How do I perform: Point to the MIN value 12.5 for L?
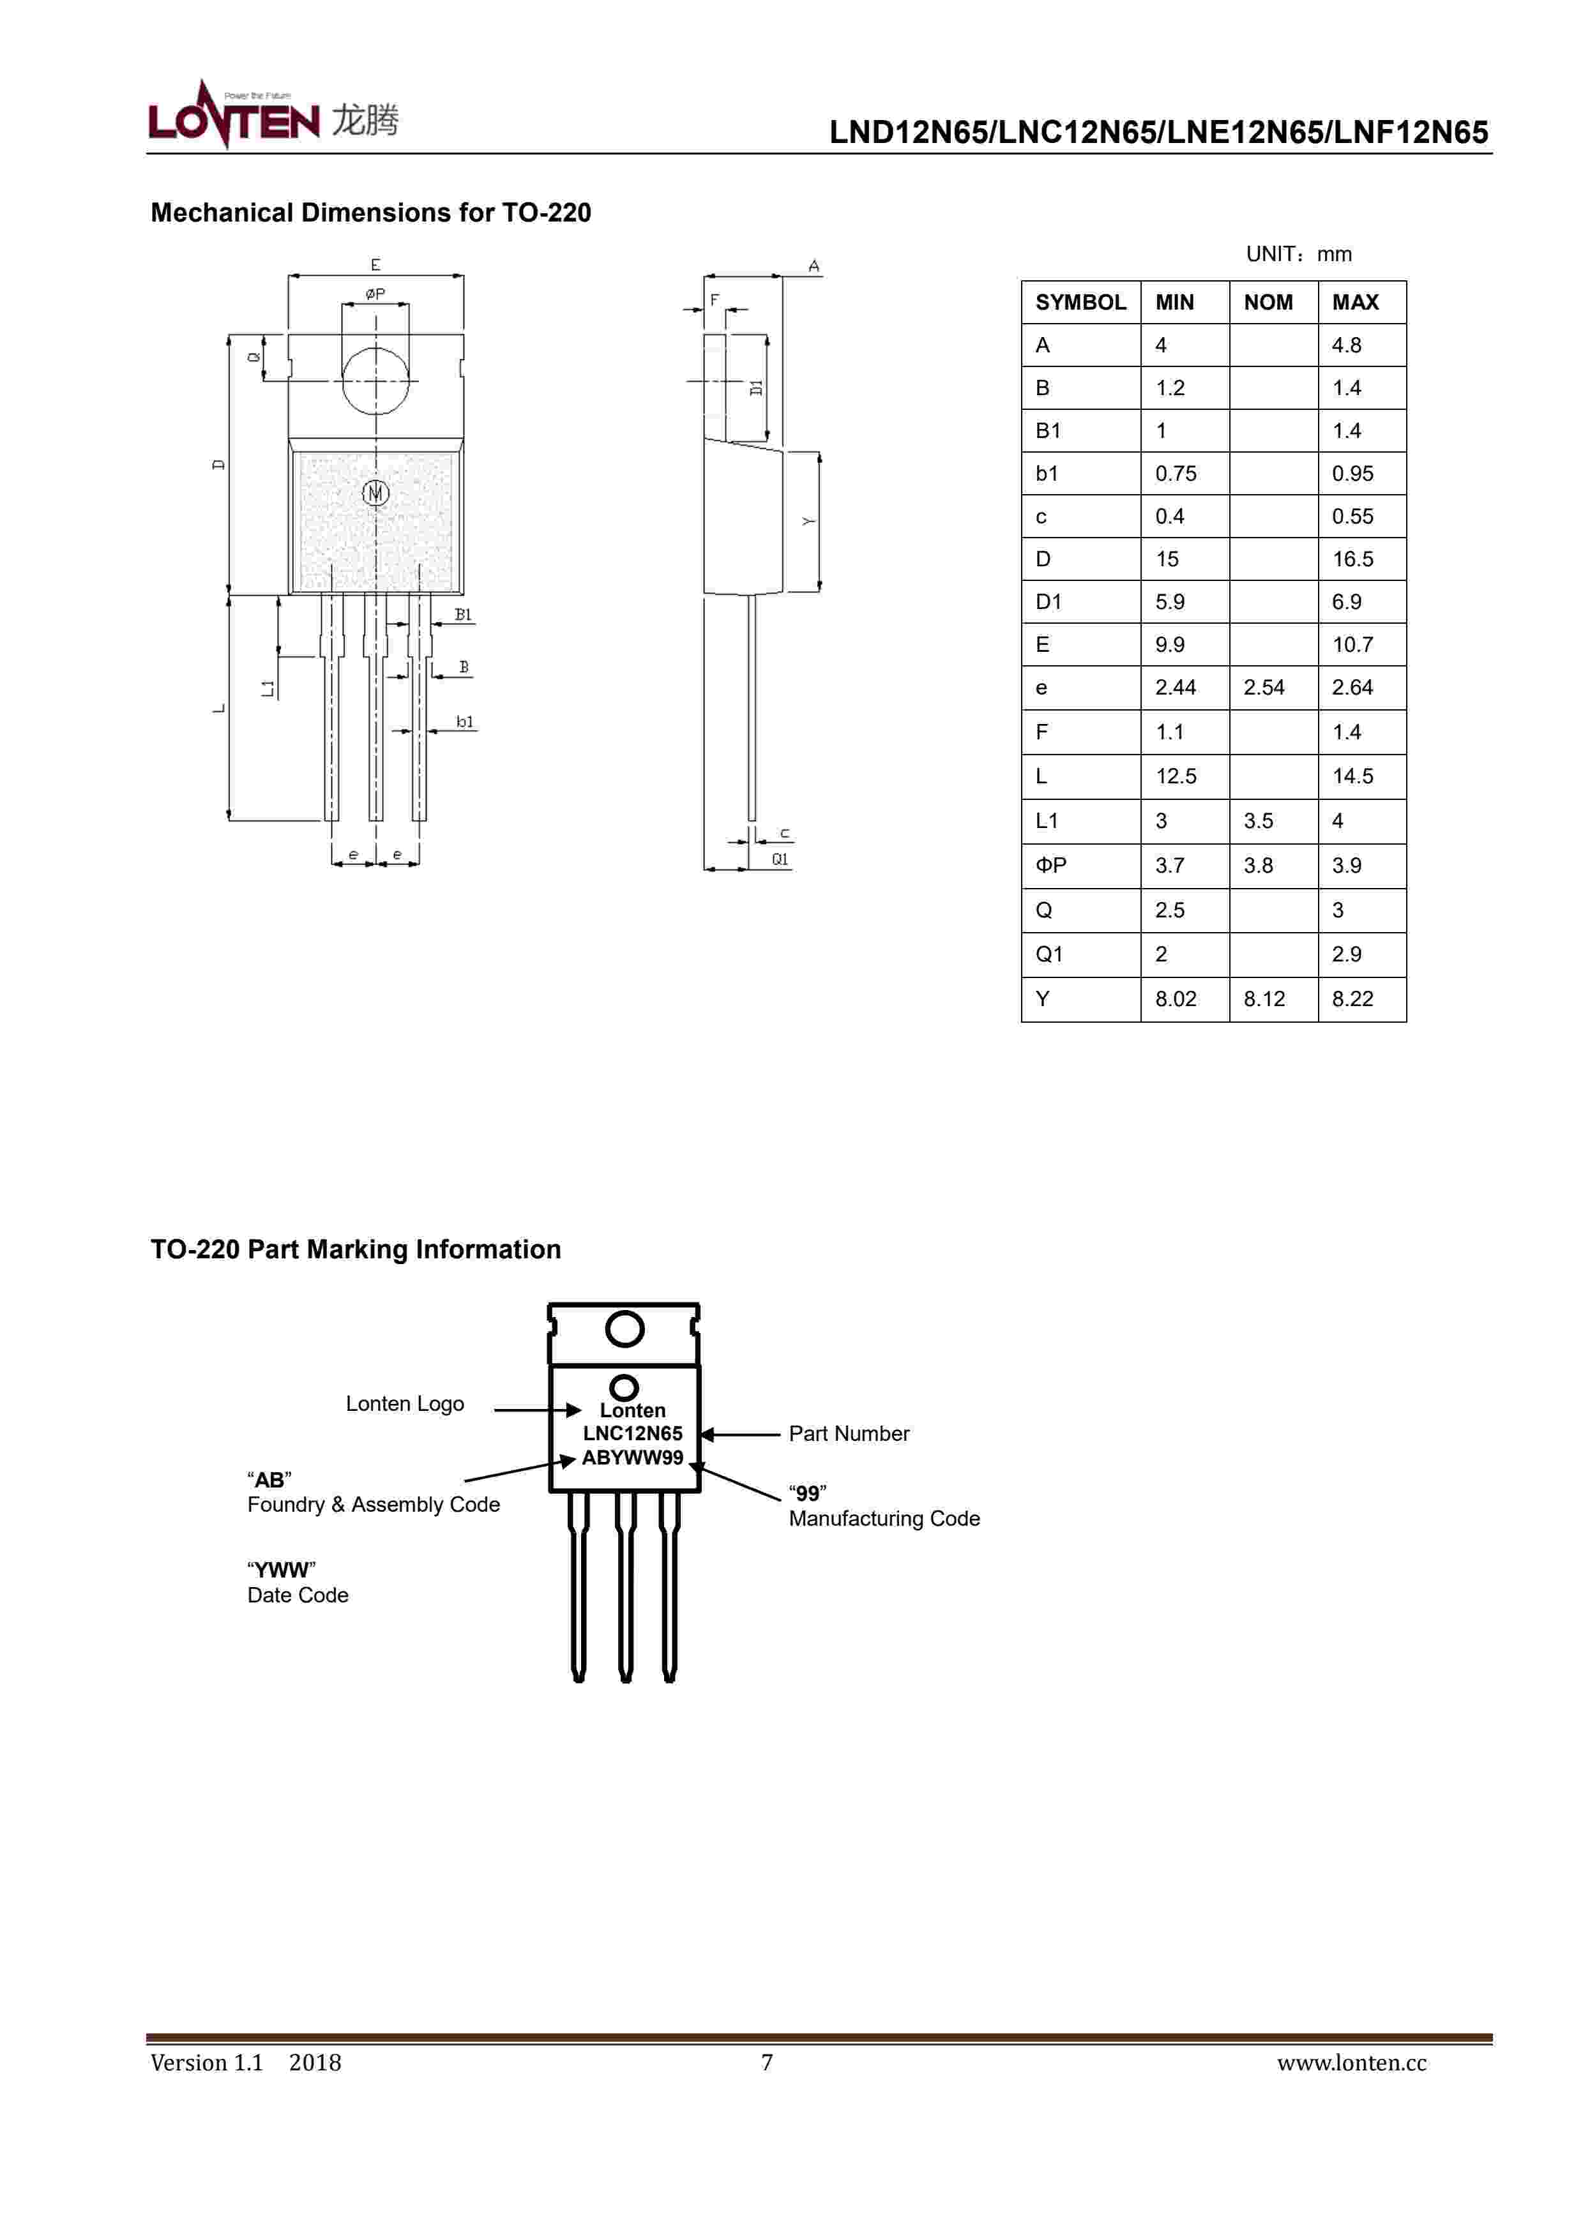1176,776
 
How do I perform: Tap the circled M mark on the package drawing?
375,493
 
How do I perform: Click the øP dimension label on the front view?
375,293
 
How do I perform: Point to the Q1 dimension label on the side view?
780,859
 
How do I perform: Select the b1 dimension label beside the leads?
465,722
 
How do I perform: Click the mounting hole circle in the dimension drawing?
375,380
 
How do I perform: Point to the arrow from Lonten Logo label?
536,1409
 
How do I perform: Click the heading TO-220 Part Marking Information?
355,1249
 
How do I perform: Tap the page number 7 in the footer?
767,2063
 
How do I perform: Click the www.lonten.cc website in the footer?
1351,2063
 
